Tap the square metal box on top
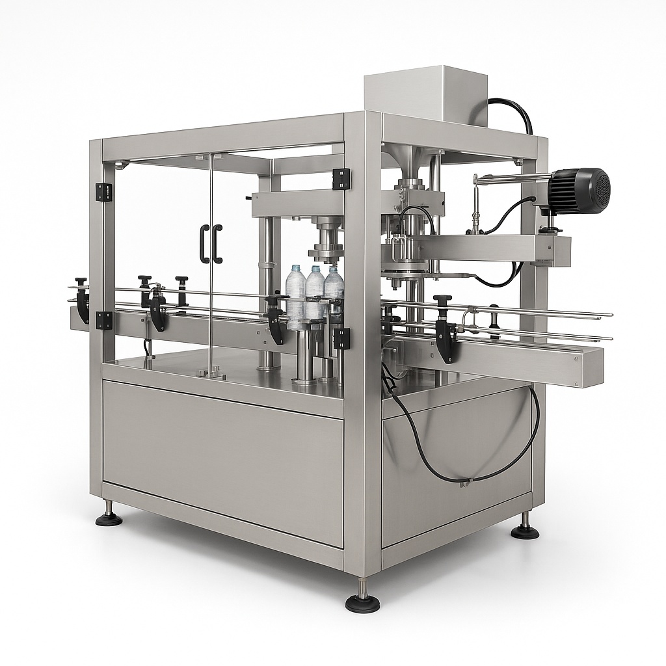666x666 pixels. point(425,95)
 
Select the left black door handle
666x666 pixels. point(204,244)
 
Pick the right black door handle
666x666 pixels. point(217,244)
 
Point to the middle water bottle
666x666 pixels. point(315,292)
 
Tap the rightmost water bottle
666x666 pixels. point(334,291)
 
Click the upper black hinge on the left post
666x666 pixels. point(103,192)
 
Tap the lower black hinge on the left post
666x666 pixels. point(103,320)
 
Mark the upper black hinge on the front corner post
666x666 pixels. point(341,179)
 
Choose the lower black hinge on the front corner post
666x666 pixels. point(341,338)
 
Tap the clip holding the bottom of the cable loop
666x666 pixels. point(464,483)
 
